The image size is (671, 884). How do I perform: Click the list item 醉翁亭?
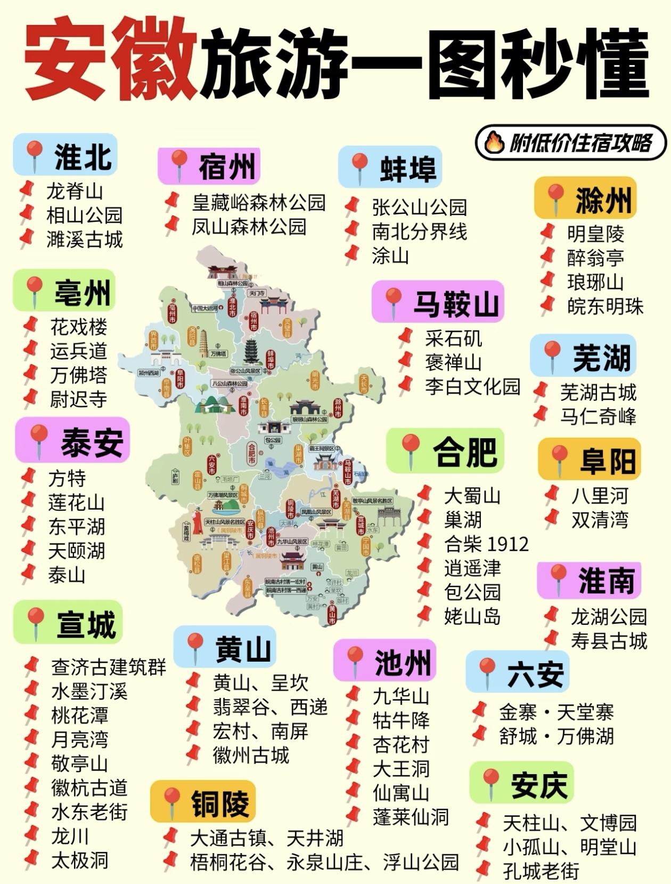[595, 258]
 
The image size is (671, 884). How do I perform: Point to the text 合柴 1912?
[486, 544]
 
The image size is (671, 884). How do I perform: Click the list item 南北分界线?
[419, 231]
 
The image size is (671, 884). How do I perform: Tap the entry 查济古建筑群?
[109, 667]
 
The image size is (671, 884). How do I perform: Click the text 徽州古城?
[251, 755]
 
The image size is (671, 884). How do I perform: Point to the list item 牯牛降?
[400, 720]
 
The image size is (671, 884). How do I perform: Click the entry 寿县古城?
[609, 640]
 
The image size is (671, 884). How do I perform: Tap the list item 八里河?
[600, 495]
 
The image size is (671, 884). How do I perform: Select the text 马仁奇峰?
[598, 416]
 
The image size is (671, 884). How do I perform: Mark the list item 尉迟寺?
[78, 399]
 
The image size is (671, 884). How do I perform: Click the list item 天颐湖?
[76, 551]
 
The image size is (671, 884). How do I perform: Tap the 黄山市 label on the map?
[332, 614]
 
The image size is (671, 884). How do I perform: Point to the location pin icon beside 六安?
[486, 672]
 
